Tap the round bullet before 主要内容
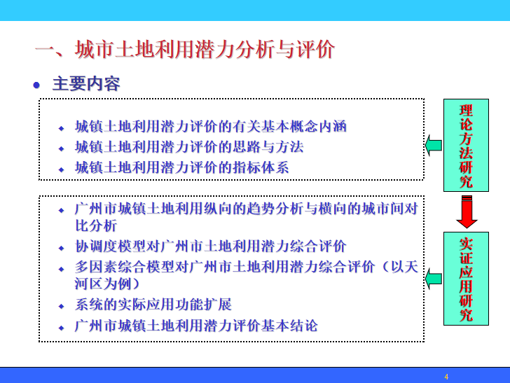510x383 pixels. [x=37, y=85]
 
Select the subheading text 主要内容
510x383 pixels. [x=86, y=85]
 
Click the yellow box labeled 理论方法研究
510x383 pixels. [x=466, y=145]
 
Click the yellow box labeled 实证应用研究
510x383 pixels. [x=466, y=279]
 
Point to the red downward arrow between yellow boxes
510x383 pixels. [x=466, y=211]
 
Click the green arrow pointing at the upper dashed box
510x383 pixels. [x=433, y=146]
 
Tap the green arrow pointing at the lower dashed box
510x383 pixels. [x=433, y=279]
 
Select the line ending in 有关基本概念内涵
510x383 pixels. [x=211, y=127]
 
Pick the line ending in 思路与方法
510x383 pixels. [x=189, y=147]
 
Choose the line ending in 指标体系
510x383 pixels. [x=182, y=167]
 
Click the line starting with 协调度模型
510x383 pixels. [x=211, y=246]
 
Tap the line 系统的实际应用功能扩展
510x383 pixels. [x=153, y=305]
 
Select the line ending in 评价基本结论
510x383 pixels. [x=196, y=326]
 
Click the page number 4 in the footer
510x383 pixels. [x=446, y=377]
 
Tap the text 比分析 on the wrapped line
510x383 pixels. [x=96, y=226]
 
